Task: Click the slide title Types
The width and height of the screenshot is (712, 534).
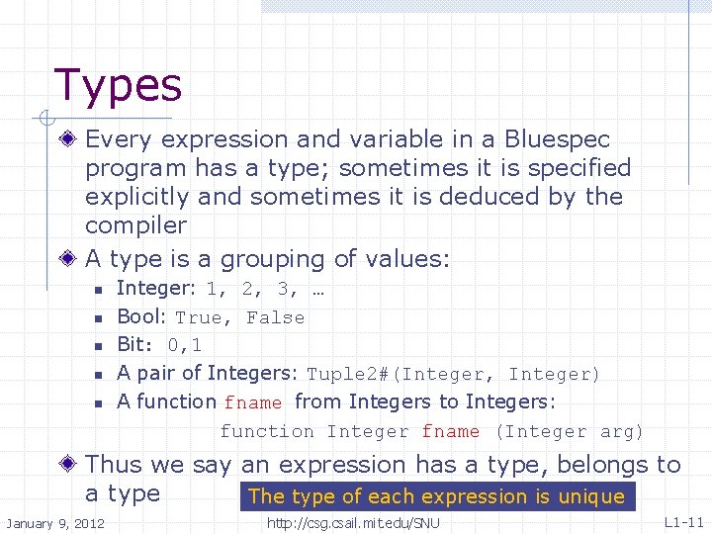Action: click(118, 85)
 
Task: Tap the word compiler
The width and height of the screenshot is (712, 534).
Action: click(135, 225)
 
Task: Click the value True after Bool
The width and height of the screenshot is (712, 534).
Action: click(199, 317)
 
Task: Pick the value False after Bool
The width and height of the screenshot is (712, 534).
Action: click(275, 317)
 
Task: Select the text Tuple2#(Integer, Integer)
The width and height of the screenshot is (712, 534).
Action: click(453, 374)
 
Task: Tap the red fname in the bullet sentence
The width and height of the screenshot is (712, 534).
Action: click(253, 402)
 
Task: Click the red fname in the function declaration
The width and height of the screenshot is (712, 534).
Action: click(450, 431)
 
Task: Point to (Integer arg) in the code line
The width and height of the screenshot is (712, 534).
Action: click(569, 431)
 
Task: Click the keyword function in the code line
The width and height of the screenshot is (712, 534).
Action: click(267, 431)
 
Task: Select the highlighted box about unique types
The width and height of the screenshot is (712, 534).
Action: click(436, 496)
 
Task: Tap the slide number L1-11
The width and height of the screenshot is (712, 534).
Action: click(683, 521)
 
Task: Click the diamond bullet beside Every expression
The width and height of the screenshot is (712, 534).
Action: click(67, 139)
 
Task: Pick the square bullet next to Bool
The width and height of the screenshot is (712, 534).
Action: click(98, 318)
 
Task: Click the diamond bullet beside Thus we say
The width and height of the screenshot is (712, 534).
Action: click(67, 465)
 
